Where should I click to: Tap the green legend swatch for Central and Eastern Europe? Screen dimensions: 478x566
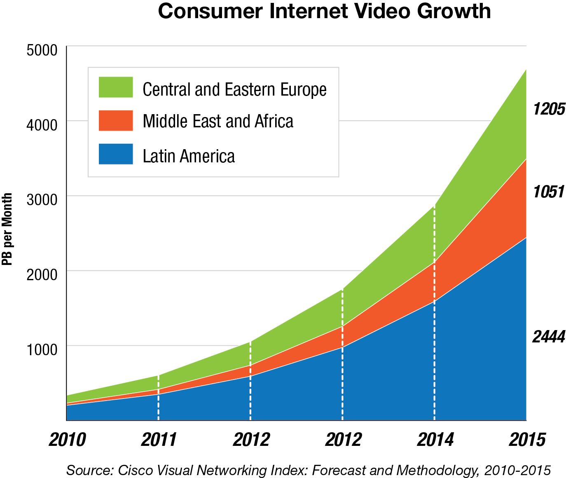[x=116, y=87]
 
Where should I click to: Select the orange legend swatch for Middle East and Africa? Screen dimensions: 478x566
[x=116, y=120]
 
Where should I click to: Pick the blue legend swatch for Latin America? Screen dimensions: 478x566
[x=116, y=154]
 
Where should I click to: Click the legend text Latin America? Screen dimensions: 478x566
[x=189, y=156]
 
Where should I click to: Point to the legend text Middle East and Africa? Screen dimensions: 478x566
[x=218, y=121]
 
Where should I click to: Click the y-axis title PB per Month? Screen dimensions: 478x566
[x=7, y=229]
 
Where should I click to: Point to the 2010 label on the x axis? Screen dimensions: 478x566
[x=67, y=440]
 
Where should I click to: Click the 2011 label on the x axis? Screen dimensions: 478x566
[x=159, y=440]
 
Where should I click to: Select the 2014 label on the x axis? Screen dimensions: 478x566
[x=435, y=440]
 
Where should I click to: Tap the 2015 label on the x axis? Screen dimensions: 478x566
[x=527, y=440]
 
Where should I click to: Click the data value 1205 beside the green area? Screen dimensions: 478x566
[x=548, y=109]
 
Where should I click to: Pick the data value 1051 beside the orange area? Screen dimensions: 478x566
[x=548, y=192]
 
